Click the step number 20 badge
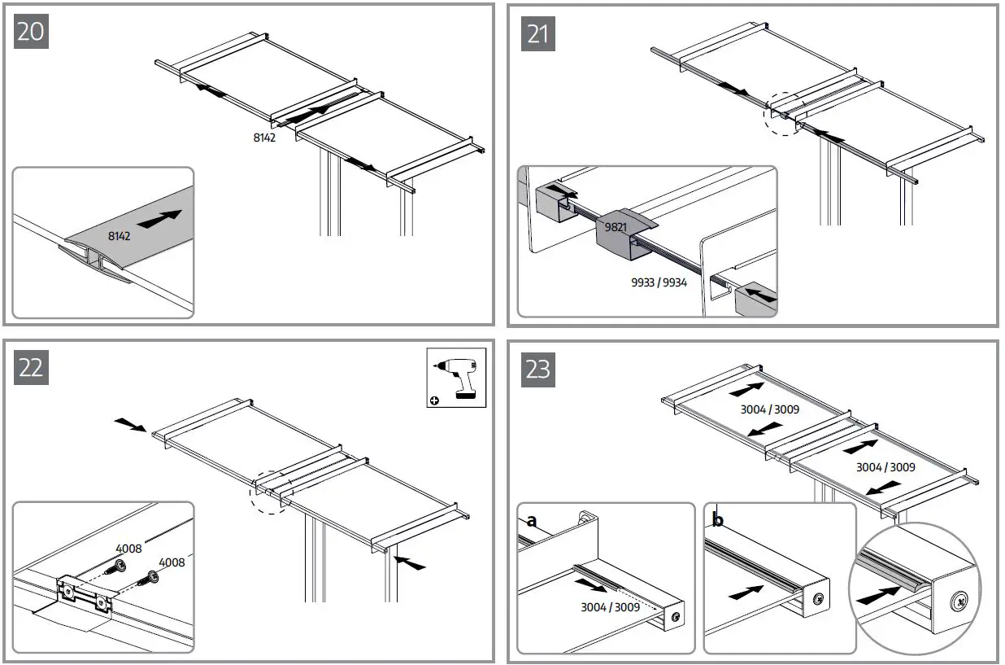32,32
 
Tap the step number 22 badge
32,367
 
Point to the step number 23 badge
537,369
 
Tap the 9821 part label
616,228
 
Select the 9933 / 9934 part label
659,284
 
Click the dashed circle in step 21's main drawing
781,116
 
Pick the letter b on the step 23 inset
718,520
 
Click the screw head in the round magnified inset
958,604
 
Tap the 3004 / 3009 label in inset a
611,607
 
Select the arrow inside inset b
746,593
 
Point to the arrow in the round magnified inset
877,595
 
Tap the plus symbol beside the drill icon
435,400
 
